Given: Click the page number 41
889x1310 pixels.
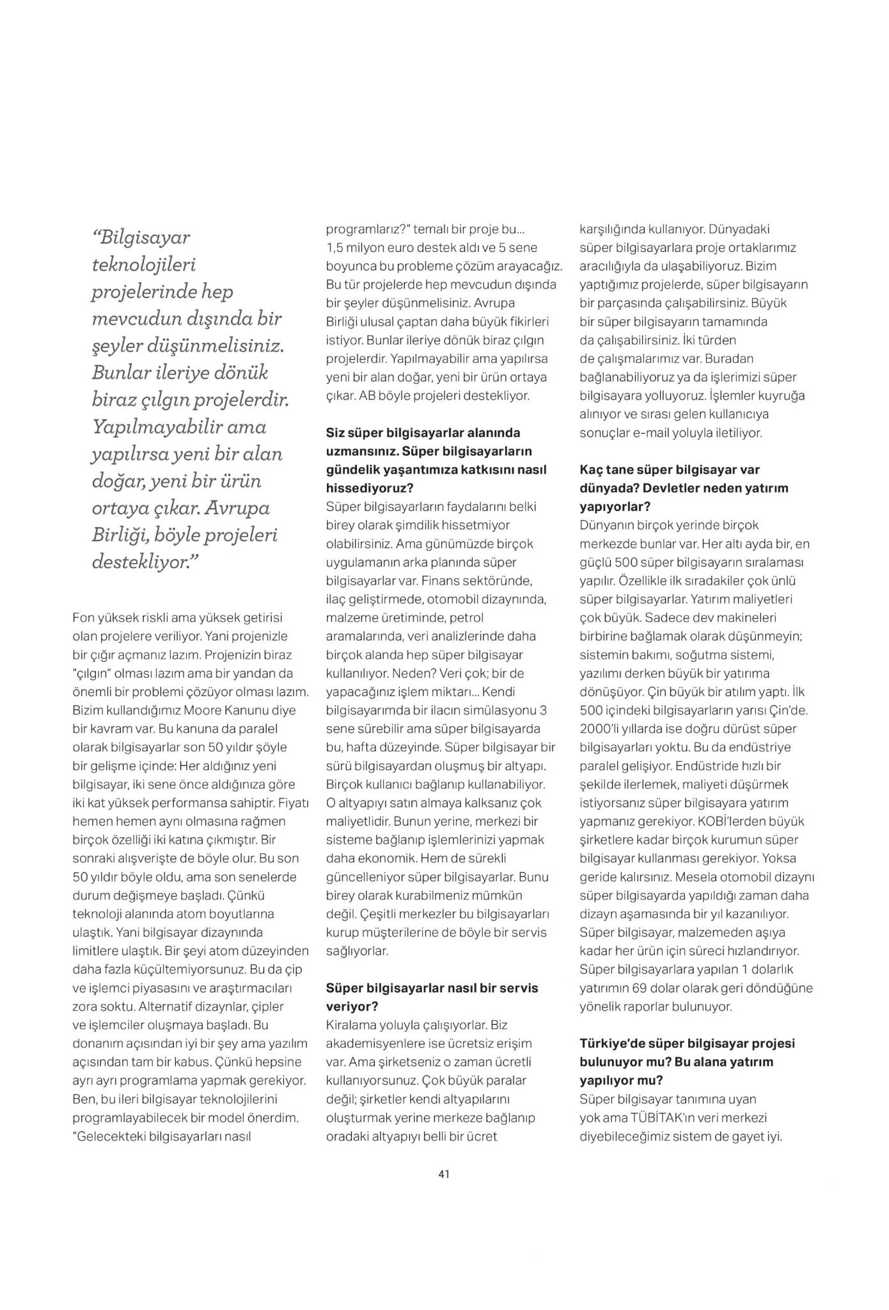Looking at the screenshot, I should pyautogui.click(x=444, y=1174).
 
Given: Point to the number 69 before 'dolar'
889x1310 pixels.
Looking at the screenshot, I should pyautogui.click(x=639, y=988).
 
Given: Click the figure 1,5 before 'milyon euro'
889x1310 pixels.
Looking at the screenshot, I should pyautogui.click(x=336, y=248).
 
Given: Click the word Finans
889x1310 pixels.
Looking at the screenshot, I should pyautogui.click(x=441, y=581).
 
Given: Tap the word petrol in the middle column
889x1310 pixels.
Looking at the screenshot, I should pyautogui.click(x=466, y=619).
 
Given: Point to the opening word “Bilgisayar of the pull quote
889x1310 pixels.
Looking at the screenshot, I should pyautogui.click(x=141, y=238).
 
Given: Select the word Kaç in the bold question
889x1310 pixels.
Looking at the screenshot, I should pyautogui.click(x=590, y=470).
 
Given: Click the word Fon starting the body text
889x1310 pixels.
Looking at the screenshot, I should pyautogui.click(x=84, y=618).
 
